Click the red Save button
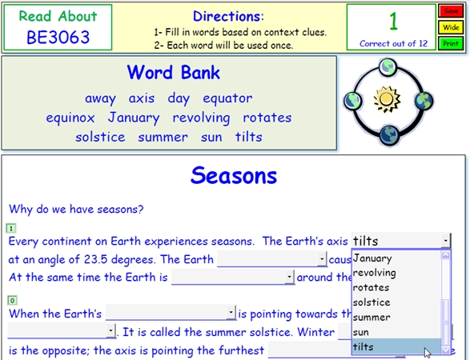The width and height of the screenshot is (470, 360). (x=451, y=11)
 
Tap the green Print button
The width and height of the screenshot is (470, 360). (x=451, y=44)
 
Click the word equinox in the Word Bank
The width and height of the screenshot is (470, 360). (x=70, y=118)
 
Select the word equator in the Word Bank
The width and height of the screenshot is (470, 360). (x=227, y=98)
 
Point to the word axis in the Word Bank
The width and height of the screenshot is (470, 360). (x=142, y=98)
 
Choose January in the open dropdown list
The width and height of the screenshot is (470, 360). (x=372, y=258)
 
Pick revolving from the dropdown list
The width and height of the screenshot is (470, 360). (x=375, y=273)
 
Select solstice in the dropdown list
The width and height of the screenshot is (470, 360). (x=372, y=302)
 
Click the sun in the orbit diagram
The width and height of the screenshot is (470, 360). (x=387, y=100)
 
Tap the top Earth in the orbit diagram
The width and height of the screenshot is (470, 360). (x=388, y=67)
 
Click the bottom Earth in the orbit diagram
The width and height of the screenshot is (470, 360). (x=389, y=135)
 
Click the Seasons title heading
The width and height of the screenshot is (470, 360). (x=234, y=175)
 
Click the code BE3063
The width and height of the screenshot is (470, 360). (x=58, y=38)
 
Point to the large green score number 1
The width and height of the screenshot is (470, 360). (x=393, y=22)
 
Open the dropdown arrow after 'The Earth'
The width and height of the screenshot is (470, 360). (x=322, y=258)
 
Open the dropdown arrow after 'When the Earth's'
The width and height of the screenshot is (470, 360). (x=231, y=313)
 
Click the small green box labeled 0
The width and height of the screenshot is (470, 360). (x=12, y=300)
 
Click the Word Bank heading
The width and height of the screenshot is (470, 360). (x=174, y=73)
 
